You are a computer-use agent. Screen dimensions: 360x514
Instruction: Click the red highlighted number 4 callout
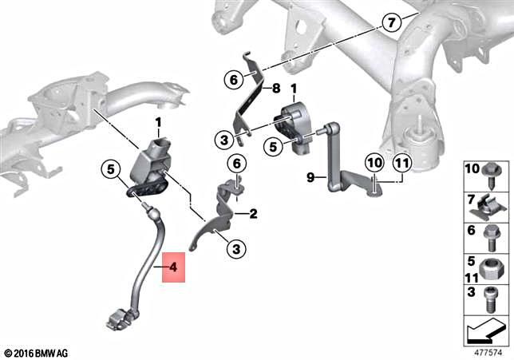(x=173, y=269)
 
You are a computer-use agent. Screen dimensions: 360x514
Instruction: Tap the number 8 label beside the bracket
(x=276, y=89)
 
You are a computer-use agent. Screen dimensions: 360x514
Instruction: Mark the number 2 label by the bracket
(x=253, y=214)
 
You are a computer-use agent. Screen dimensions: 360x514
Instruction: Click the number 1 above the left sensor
(x=157, y=122)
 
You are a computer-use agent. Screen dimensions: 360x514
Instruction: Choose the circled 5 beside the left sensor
(x=112, y=169)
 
